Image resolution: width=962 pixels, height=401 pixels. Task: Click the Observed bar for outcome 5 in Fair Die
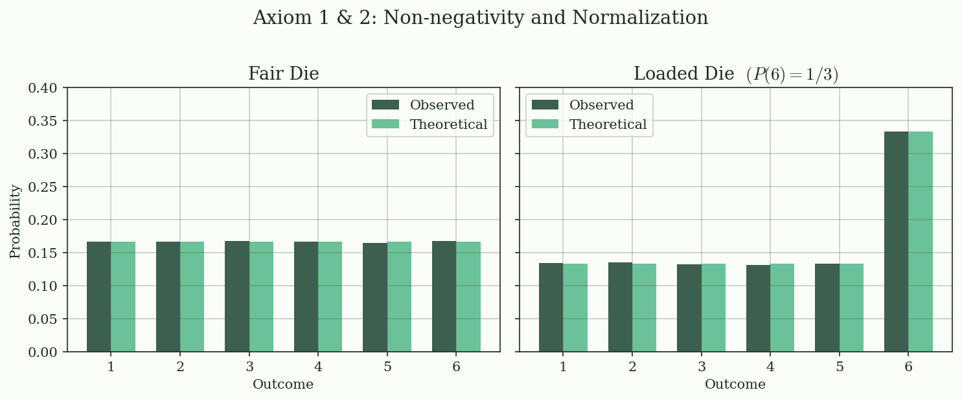pos(375,297)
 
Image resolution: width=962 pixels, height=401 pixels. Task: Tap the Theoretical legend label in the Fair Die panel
pos(448,125)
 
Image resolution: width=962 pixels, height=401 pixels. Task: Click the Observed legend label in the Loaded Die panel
pos(601,106)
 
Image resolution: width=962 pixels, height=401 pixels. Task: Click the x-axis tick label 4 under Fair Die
pos(318,367)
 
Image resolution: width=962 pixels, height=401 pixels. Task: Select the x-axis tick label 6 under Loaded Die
pos(908,367)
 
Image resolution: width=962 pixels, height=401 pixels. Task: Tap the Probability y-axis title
pos(16,221)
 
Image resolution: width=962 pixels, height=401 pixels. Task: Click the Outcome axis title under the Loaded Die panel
pos(735,385)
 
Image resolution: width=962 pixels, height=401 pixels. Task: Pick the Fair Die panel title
pos(283,74)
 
